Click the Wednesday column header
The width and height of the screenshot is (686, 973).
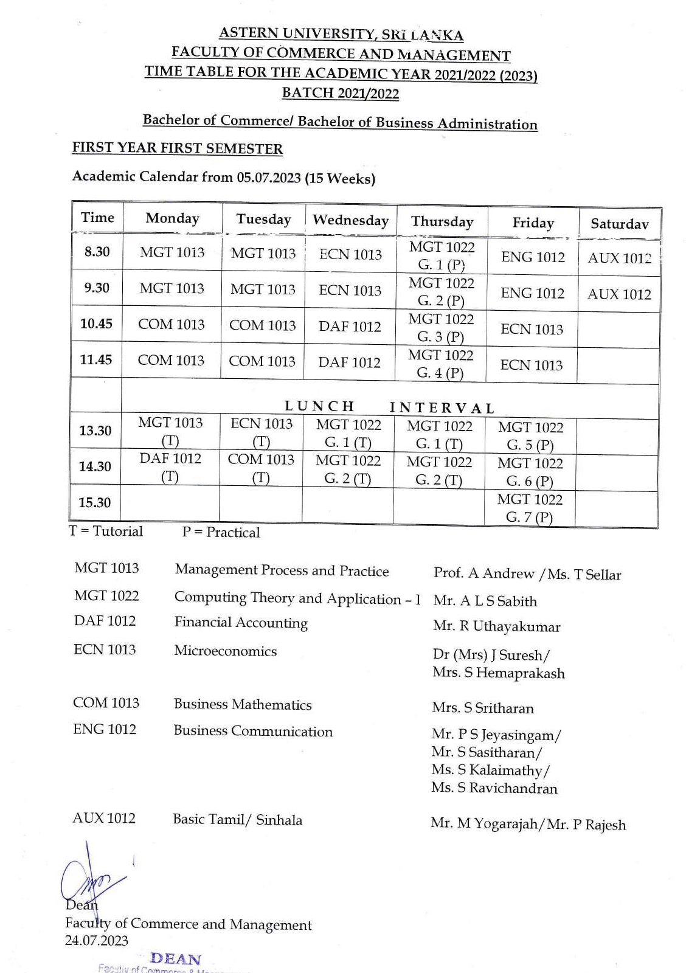350,220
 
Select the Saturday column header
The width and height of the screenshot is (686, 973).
619,224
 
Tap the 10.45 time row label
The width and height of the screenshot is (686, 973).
96,324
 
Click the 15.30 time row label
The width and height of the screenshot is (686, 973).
95,503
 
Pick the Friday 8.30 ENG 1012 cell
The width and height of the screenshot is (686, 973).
533,257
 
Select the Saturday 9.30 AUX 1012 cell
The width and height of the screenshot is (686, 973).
619,294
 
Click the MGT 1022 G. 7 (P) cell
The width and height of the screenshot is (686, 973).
529,508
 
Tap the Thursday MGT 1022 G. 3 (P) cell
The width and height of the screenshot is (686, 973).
440,328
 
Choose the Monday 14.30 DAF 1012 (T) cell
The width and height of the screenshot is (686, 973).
170,467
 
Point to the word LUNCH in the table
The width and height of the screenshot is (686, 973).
320,406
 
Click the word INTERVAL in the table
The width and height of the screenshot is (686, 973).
442,408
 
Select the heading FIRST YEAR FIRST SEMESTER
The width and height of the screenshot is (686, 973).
178,148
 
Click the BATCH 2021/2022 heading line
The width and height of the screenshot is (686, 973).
341,93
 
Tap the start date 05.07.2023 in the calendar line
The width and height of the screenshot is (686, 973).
269,178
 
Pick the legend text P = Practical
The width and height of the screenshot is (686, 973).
221,533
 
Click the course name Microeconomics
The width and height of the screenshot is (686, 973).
225,651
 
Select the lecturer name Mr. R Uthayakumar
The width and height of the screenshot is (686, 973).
496,626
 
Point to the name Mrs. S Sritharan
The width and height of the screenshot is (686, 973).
483,708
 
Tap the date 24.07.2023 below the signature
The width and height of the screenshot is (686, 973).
97,941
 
